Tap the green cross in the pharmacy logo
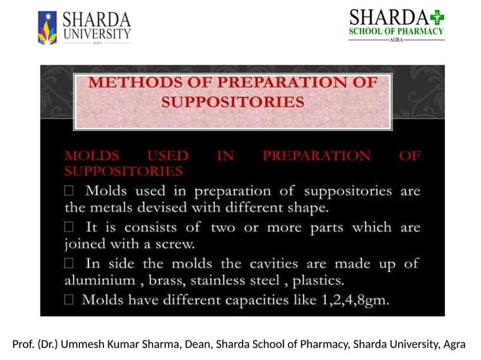[438, 17]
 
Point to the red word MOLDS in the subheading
[91, 157]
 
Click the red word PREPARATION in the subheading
[317, 157]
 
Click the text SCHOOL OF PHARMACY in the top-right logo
[396, 32]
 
